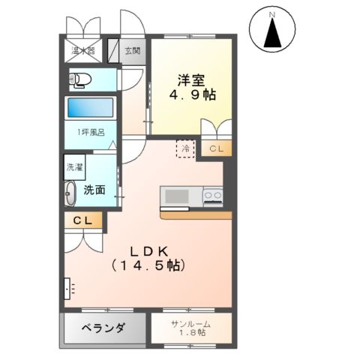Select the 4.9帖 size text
point(188,95)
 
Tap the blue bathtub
point(90,107)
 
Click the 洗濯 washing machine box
point(74,169)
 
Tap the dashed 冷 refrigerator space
point(184,148)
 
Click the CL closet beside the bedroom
point(215,149)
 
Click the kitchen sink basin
point(178,196)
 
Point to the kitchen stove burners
point(211,196)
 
